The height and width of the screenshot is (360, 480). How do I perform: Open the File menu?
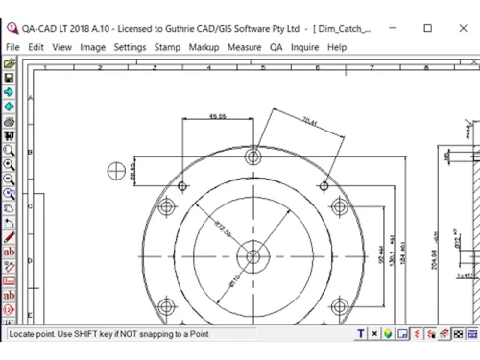pyautogui.click(x=12, y=46)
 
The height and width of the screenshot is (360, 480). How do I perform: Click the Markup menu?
pyautogui.click(x=204, y=46)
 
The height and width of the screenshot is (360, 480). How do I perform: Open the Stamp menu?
pyautogui.click(x=167, y=46)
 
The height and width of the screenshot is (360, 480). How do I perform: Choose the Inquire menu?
pyautogui.click(x=305, y=46)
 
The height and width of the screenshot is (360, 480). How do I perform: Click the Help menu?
pyautogui.click(x=337, y=46)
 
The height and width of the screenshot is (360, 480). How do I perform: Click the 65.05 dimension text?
pyautogui.click(x=217, y=117)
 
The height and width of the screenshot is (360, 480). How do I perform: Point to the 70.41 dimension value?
pyautogui.click(x=309, y=121)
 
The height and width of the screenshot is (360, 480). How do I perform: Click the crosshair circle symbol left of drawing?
pyautogui.click(x=119, y=171)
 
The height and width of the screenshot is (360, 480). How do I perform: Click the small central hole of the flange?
pyautogui.click(x=253, y=256)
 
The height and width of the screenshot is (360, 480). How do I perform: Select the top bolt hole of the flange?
pyautogui.click(x=253, y=156)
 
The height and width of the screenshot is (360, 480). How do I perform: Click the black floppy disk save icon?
pyautogui.click(x=9, y=77)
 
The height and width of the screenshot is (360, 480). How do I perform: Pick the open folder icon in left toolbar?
pyautogui.click(x=9, y=63)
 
